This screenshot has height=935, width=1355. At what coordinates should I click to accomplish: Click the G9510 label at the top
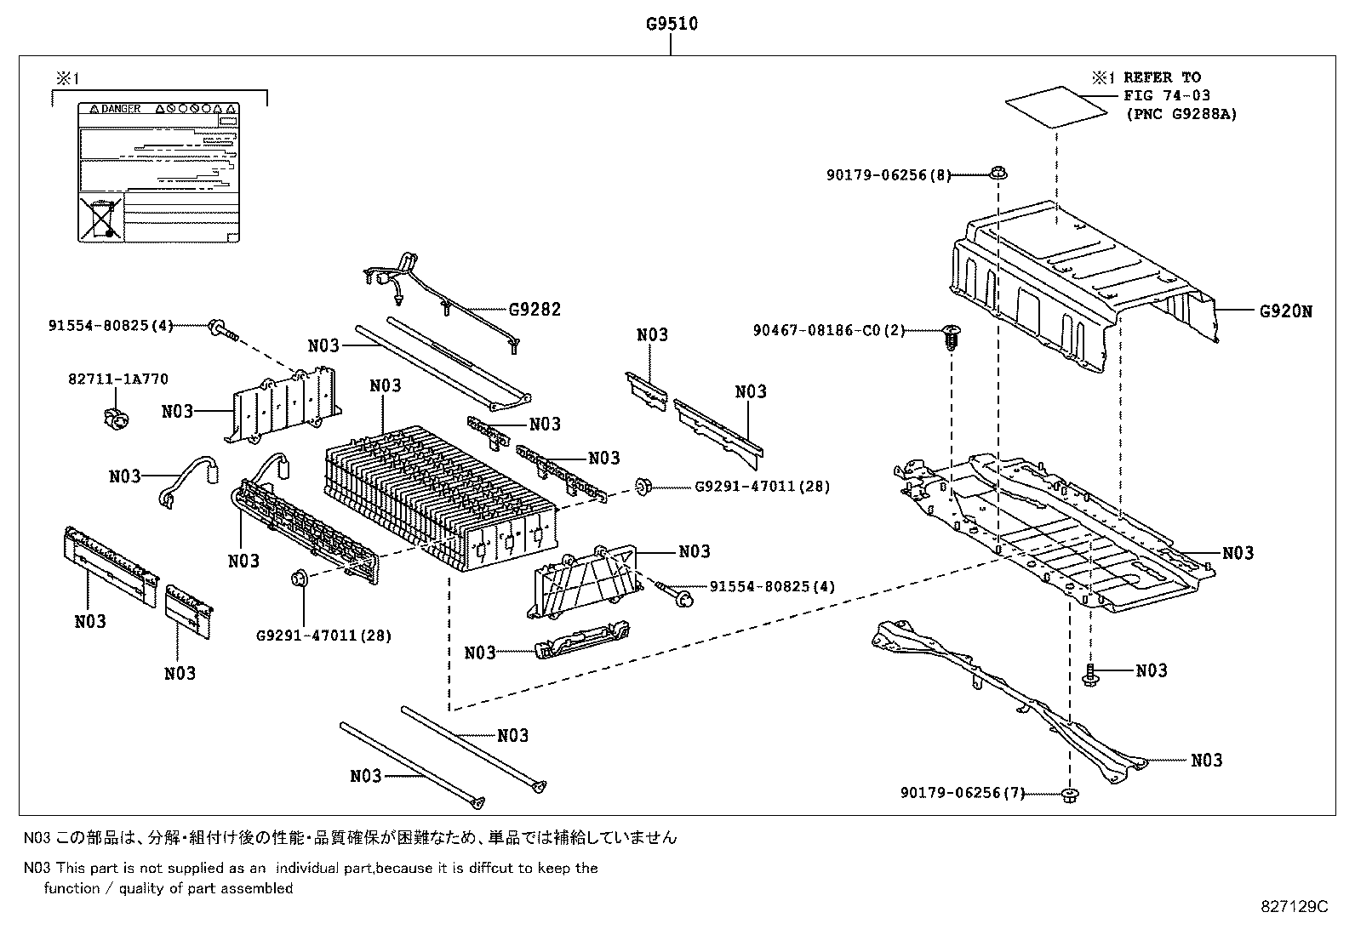pos(671,23)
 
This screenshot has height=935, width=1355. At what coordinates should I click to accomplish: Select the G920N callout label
pos(1285,311)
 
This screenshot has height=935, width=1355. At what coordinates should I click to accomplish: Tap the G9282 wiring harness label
pos(535,310)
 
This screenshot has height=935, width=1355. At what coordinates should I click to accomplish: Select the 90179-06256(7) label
pos(962,793)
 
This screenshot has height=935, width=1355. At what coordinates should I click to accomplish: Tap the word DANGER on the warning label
pos(120,110)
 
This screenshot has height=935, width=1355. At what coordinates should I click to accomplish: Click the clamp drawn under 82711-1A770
pos(115,418)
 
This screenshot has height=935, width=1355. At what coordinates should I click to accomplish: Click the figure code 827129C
pos(1294,906)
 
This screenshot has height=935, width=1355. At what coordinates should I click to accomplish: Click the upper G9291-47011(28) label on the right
pos(762,487)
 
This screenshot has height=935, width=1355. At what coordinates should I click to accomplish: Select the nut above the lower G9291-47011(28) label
pos(300,579)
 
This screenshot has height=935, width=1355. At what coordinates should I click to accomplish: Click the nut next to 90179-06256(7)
pos(1070,795)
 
